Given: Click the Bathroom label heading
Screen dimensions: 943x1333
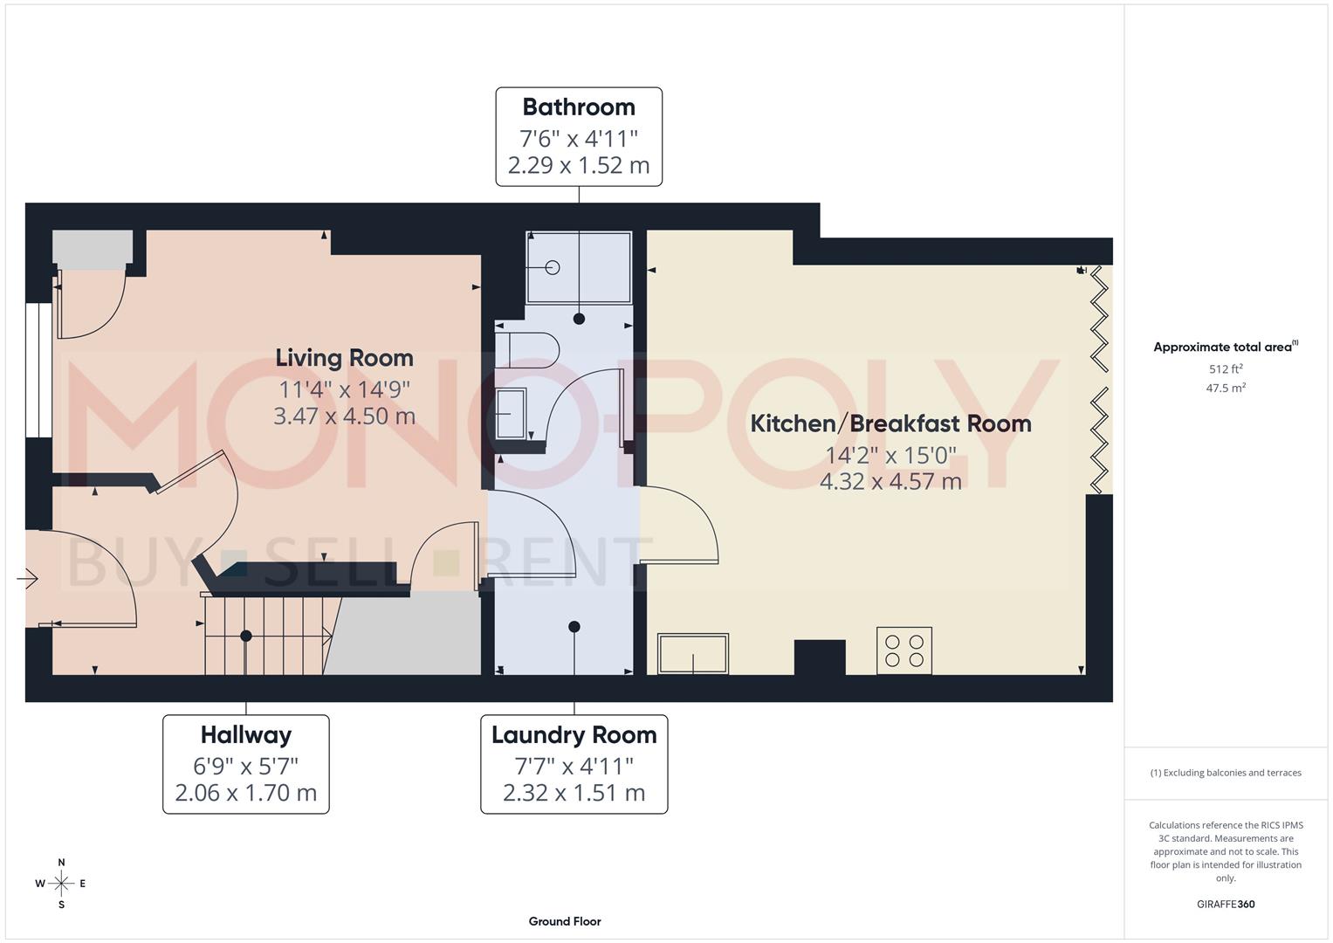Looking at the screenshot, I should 579,107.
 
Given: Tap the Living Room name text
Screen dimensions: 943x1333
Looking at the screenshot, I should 344,358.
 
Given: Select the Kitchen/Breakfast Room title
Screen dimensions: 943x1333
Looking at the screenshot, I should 890,423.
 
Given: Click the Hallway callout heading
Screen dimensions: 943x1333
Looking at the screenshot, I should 246,735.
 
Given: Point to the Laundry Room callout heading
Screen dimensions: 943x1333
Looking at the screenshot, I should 574,735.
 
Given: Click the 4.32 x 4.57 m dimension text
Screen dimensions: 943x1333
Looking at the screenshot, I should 890,481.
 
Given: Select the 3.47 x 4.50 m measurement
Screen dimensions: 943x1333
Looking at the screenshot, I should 344,416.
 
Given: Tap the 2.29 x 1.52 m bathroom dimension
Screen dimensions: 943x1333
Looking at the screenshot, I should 579,165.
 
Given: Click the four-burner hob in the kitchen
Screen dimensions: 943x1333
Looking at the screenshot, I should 904,650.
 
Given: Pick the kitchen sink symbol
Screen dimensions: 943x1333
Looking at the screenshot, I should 693,654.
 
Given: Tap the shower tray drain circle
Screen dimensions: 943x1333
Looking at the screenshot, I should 552,268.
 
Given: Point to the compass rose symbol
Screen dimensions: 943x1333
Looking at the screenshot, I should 61,884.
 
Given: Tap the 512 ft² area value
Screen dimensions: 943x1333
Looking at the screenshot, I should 1225,369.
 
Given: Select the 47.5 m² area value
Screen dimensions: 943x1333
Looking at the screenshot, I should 1225,389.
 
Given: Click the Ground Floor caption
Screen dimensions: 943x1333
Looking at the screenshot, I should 565,921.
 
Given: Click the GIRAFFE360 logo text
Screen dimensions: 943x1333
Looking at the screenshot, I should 1225,904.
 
